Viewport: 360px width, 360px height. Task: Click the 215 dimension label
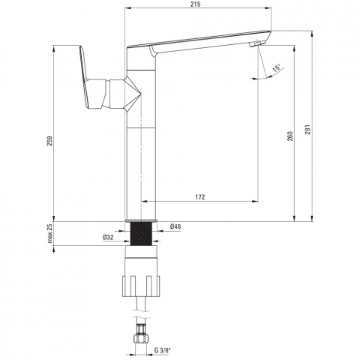tap(195, 4)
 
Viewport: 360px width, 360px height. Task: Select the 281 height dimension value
tap(307, 130)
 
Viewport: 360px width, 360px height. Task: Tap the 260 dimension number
tap(290, 136)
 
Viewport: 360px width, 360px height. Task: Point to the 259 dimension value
tap(49, 141)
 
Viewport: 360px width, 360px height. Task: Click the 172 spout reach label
tap(200, 197)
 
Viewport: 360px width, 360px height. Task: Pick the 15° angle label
tap(277, 67)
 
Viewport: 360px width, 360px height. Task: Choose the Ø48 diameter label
tap(175, 226)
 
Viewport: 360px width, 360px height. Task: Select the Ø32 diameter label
tap(108, 238)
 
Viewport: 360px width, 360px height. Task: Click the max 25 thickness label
tap(50, 233)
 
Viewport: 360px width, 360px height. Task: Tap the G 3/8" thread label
tap(162, 350)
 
